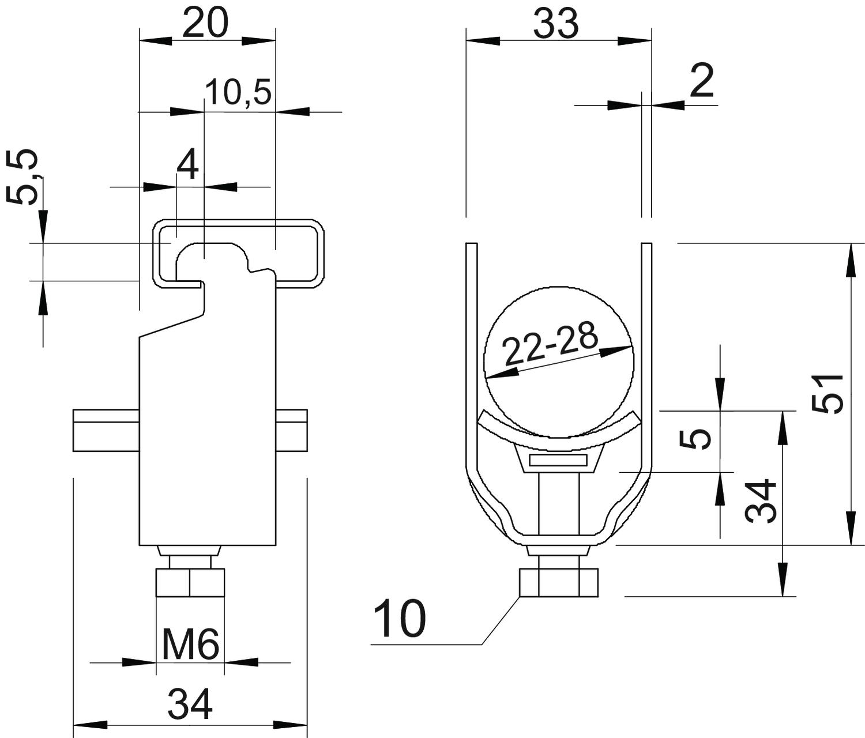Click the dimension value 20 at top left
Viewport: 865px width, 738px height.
[x=205, y=22]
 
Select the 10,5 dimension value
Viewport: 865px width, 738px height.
[x=239, y=92]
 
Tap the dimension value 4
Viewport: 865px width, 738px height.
[x=187, y=165]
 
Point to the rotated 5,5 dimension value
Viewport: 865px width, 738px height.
[x=22, y=177]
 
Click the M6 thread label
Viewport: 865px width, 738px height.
[x=190, y=645]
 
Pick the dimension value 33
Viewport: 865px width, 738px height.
[x=556, y=24]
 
